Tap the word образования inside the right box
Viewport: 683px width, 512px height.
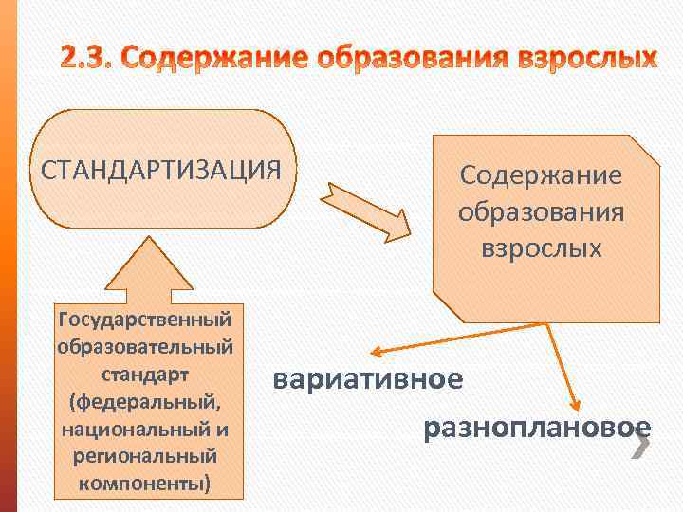point(541,211)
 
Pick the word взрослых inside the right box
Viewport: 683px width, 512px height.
point(541,247)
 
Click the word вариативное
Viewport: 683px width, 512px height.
point(368,379)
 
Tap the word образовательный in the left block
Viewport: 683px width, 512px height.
point(145,343)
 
